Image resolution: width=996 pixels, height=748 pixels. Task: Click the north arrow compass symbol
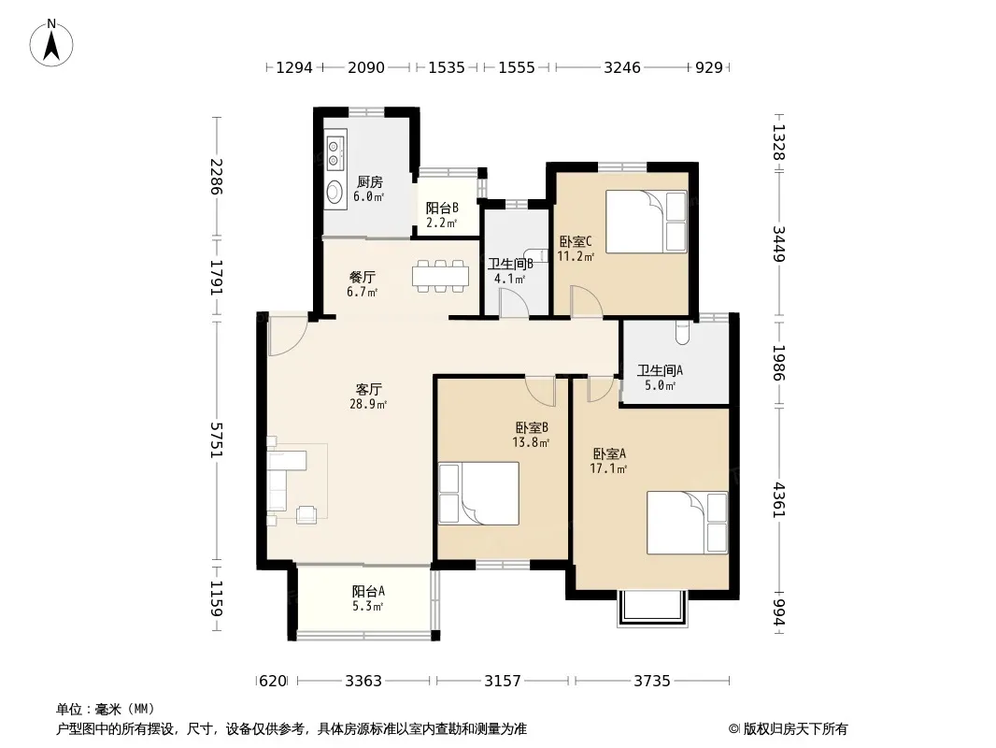pos(51,43)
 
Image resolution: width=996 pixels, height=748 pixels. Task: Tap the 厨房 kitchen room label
pos(369,182)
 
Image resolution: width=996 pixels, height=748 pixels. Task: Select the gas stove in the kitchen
pos(334,153)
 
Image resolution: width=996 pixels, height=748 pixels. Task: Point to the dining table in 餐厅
pos(440,276)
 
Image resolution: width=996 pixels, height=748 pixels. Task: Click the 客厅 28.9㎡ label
pos(368,396)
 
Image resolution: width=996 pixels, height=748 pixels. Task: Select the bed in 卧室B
pos(479,494)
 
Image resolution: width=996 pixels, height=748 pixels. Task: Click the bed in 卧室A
pos(688,523)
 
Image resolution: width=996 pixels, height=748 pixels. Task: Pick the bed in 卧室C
pos(647,222)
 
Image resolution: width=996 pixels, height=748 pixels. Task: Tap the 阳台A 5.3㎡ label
pos(368,598)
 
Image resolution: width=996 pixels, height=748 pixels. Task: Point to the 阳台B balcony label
pos(442,208)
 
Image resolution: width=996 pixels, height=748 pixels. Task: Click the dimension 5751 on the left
pos(217,439)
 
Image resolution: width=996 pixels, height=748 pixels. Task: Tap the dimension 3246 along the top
pos(622,67)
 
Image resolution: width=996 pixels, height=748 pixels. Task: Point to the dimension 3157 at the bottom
pos(503,682)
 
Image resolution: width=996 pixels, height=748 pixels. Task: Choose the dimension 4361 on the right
pos(779,500)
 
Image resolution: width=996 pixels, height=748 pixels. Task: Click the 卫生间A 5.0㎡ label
pos(660,378)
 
